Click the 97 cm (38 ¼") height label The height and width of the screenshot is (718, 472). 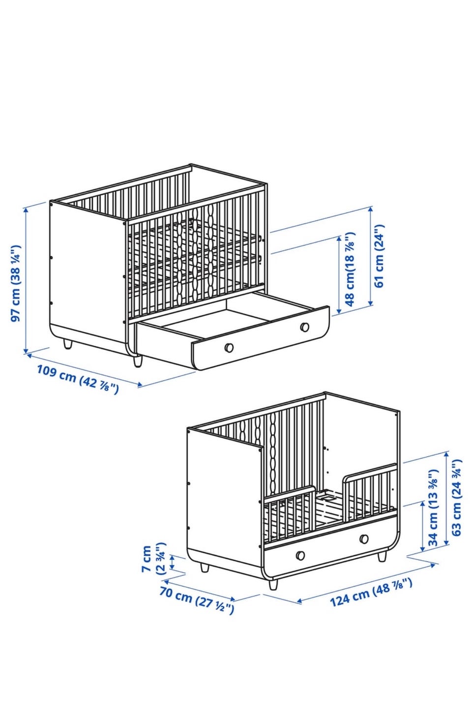[x=16, y=283]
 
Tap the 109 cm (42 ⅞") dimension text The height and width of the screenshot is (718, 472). [x=78, y=379]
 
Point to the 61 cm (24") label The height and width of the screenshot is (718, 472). [x=379, y=256]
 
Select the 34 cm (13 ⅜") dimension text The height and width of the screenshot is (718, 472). [x=433, y=508]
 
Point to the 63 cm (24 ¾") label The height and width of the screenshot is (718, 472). [x=456, y=498]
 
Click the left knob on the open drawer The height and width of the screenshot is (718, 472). [x=229, y=348]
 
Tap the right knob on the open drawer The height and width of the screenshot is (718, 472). [x=304, y=327]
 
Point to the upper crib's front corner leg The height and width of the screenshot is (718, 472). [x=138, y=360]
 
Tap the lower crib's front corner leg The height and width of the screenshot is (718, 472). [x=273, y=584]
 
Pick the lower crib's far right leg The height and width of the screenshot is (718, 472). [x=382, y=556]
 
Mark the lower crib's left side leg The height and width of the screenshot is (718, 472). [x=205, y=568]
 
